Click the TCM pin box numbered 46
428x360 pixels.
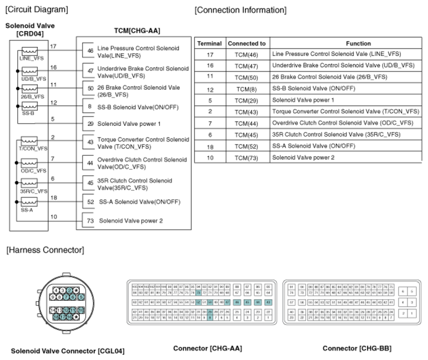pyautogui.click(x=90, y=50)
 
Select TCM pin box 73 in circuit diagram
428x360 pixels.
pyautogui.click(x=90, y=221)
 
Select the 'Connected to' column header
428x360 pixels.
pyautogui.click(x=246, y=43)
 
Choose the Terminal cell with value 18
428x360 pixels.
pyautogui.click(x=210, y=146)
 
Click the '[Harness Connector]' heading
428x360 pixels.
pyautogui.click(x=45, y=250)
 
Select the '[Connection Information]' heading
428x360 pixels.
pyautogui.click(x=241, y=10)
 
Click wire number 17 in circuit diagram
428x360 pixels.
pyautogui.click(x=53, y=47)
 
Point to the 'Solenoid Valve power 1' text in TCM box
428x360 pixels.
pyautogui.click(x=129, y=124)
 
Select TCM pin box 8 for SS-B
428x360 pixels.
pyautogui.click(x=90, y=105)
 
